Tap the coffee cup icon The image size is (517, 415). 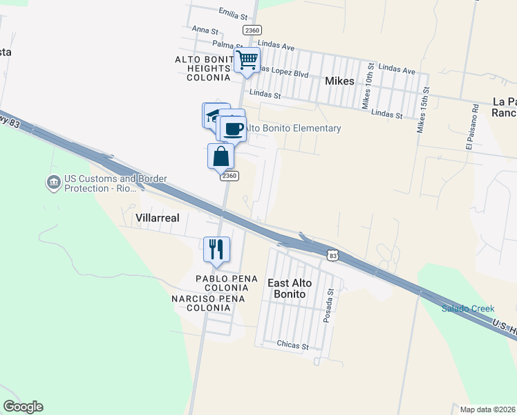(x=234, y=128)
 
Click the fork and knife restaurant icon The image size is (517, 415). (x=216, y=249)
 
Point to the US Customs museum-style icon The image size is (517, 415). (x=53, y=183)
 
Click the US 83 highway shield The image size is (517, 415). (x=333, y=256)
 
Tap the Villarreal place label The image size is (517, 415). (x=158, y=217)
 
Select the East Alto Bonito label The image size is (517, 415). (x=290, y=289)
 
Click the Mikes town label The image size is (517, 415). (x=339, y=81)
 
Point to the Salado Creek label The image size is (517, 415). (x=468, y=308)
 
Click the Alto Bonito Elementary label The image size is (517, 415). (x=294, y=128)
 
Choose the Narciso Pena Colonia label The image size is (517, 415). (x=200, y=303)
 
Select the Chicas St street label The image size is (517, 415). (x=291, y=344)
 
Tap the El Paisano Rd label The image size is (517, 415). (x=473, y=127)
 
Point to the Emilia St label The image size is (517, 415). (x=232, y=13)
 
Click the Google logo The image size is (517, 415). (x=23, y=407)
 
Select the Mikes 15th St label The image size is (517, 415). (x=423, y=110)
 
